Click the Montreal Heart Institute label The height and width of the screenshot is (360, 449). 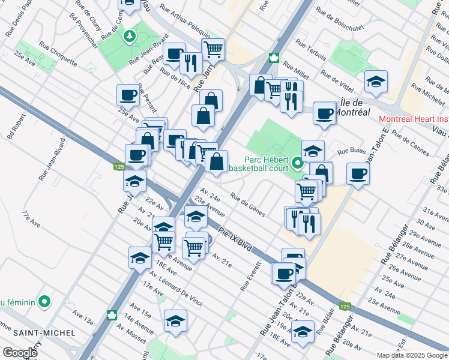(x=414, y=119)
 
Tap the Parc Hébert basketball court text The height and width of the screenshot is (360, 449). (x=268, y=164)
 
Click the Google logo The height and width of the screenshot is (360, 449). (x=20, y=353)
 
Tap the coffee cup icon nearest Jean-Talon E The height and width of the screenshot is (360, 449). (x=358, y=175)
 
